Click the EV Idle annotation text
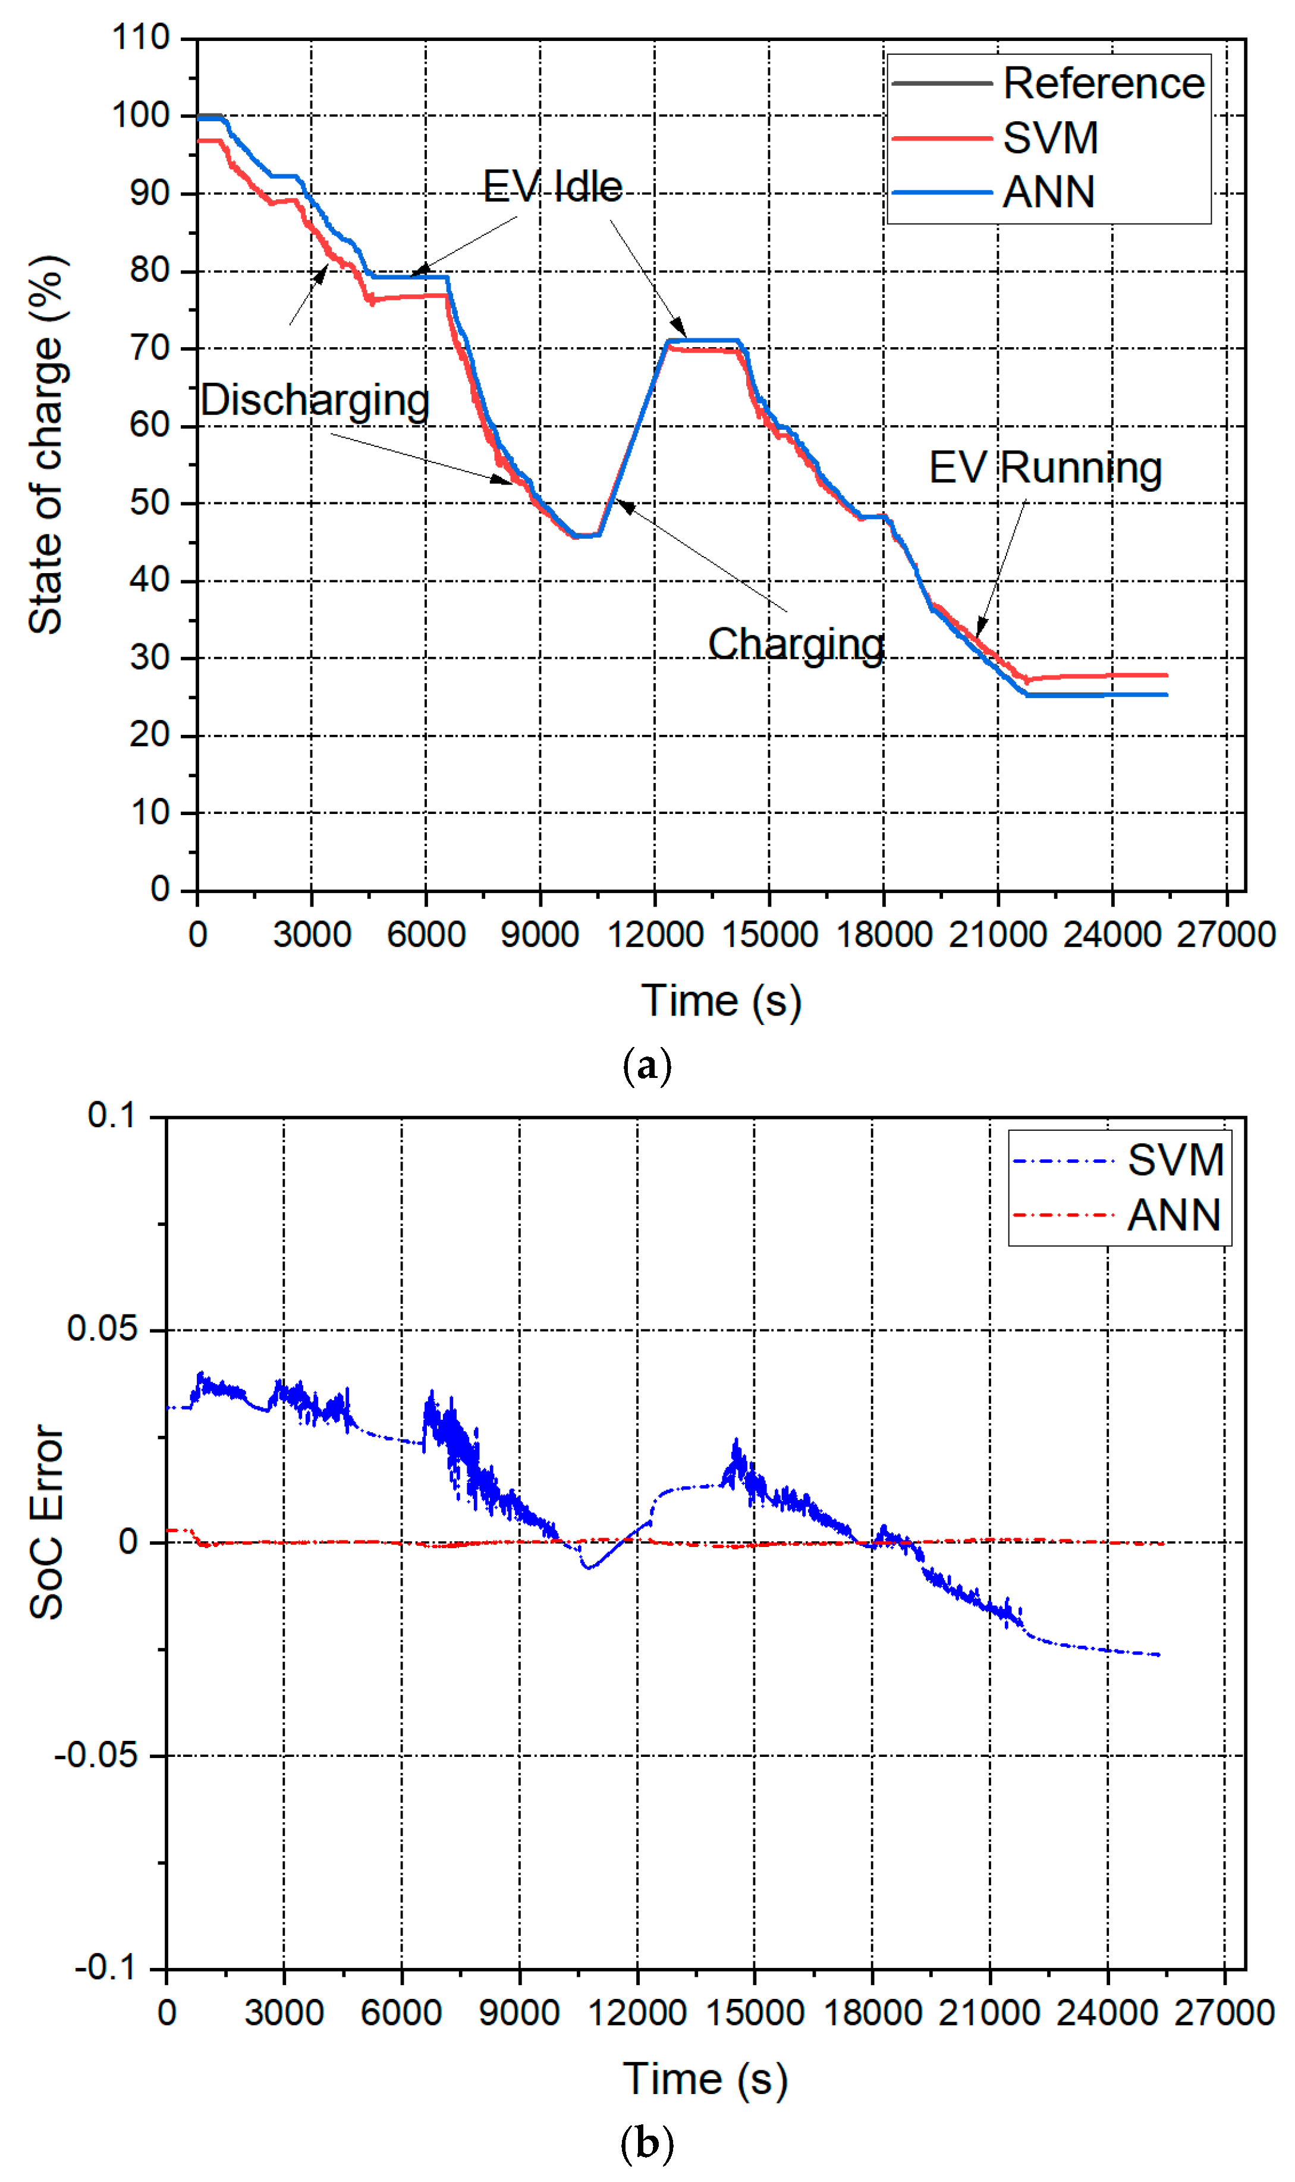tap(552, 187)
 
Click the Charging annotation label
tap(796, 644)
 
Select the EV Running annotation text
tap(1045, 468)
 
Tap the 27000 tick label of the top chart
tap(1225, 935)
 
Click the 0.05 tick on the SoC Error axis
tap(102, 1329)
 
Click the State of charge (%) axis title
tap(45, 445)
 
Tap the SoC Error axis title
tap(47, 1523)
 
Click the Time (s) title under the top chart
tap(721, 1001)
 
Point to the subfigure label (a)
tap(647, 1066)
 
